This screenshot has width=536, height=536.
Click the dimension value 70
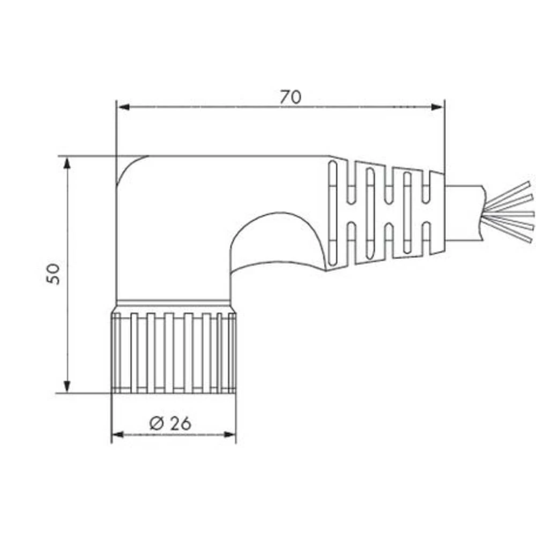point(291,97)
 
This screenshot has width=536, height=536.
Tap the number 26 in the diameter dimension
point(181,423)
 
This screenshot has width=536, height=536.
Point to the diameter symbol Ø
point(156,423)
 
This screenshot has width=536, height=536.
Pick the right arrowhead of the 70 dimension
point(438,107)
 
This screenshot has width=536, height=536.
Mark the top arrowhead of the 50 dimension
point(67,163)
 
